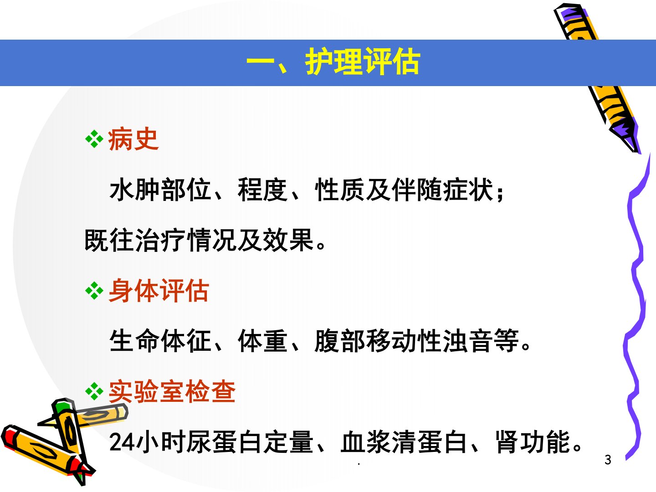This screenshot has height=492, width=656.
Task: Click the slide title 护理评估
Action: pos(363,61)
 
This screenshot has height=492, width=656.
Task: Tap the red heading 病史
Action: pos(133,139)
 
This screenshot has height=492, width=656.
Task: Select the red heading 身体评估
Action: pos(159,291)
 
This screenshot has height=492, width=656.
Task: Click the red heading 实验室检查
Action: pos(172,392)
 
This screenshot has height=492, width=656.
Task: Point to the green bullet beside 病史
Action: pos(94,139)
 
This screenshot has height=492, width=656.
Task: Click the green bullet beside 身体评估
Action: pos(94,290)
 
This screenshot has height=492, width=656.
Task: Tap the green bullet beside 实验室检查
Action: pos(94,391)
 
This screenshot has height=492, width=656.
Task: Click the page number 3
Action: pos(608,460)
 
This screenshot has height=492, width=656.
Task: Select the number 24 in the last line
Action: pos(122,442)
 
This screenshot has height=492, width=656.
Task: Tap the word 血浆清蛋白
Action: pos(404,442)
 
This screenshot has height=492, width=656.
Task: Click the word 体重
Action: pos(263,341)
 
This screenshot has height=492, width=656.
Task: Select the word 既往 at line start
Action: pos(109,240)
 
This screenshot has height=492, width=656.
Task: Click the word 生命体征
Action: pos(160,341)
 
